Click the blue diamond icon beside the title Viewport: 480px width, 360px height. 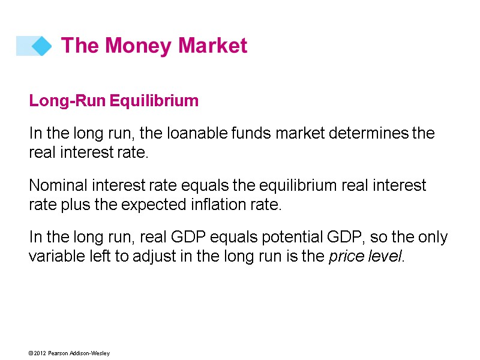click(x=41, y=46)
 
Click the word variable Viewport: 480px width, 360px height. click(x=52, y=257)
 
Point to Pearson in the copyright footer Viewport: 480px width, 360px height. click(x=59, y=353)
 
